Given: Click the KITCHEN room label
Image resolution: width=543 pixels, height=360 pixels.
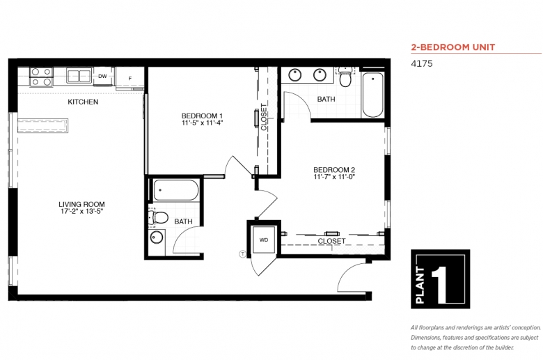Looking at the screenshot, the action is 83,102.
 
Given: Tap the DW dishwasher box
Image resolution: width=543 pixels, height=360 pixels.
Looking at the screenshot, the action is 102,76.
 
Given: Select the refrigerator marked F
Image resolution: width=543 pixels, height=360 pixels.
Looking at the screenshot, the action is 130,78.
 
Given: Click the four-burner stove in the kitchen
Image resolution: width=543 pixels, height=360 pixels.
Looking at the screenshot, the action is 41,77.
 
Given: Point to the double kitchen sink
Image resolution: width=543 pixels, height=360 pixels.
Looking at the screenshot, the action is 79,76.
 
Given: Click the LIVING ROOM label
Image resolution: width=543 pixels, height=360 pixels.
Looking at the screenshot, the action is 81,205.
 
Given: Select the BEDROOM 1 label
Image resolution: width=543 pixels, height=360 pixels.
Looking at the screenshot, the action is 202,116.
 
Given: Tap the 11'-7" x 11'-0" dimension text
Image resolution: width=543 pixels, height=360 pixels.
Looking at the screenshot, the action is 335,177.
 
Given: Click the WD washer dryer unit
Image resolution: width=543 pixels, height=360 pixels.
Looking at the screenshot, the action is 264,240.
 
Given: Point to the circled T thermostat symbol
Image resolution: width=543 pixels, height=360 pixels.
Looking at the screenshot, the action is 243,254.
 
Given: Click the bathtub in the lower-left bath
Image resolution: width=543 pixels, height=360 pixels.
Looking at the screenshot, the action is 176,190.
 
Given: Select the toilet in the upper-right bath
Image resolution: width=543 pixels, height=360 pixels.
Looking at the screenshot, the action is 345,77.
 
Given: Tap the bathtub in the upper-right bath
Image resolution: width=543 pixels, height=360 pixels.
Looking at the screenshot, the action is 373,95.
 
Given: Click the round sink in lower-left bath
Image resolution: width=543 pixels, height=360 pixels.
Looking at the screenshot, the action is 157,237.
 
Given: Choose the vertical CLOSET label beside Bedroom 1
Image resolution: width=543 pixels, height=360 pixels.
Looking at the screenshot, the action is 264,117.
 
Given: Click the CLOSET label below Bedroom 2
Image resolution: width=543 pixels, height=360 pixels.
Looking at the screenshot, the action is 331,241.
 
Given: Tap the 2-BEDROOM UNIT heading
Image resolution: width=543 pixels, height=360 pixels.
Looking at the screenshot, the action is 453,47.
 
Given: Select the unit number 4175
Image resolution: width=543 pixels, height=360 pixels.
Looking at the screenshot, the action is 422,63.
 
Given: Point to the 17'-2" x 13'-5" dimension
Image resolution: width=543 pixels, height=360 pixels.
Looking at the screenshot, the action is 81,212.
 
